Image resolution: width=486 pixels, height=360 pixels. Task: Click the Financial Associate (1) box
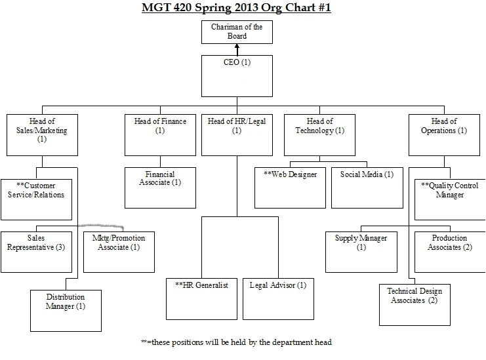(x=159, y=187)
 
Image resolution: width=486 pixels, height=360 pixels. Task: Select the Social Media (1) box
(x=367, y=188)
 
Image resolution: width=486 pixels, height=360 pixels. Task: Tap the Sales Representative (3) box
(x=37, y=251)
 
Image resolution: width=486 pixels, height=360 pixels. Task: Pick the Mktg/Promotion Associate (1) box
(x=119, y=251)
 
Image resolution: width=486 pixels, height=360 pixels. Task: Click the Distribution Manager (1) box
(x=66, y=310)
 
